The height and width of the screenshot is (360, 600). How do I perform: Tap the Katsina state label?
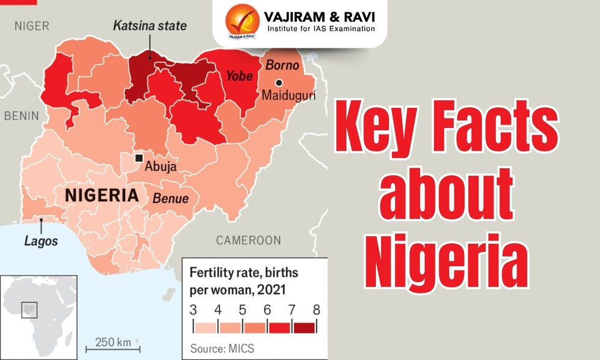[x=149, y=26]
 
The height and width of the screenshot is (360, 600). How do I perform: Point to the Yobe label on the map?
[x=240, y=76]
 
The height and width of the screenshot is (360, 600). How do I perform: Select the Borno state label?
[x=282, y=65]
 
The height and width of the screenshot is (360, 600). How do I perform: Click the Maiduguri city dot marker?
[x=279, y=83]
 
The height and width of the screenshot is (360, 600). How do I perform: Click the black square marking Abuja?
[x=139, y=157]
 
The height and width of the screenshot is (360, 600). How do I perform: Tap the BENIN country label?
[x=21, y=116]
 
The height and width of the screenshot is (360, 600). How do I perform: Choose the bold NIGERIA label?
[x=101, y=196]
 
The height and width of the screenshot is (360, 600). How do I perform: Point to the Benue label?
[x=170, y=198]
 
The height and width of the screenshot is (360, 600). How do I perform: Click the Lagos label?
[x=41, y=241]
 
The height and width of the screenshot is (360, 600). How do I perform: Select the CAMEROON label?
[x=249, y=240]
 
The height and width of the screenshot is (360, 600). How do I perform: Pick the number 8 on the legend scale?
[x=316, y=310]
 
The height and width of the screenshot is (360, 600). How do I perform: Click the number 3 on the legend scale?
[x=193, y=310]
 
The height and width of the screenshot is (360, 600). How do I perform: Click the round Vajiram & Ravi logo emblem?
[x=242, y=21]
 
